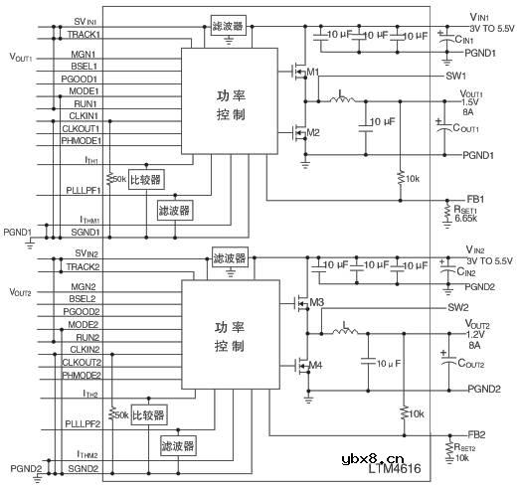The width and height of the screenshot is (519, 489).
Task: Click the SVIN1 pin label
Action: (x=85, y=21)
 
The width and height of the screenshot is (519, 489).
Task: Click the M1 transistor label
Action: (x=314, y=72)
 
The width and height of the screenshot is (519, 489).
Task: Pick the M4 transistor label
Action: (x=316, y=365)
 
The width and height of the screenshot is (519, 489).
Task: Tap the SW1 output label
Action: (x=456, y=75)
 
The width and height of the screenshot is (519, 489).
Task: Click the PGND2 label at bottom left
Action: (x=26, y=466)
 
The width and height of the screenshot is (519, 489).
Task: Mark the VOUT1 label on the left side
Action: (x=20, y=59)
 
